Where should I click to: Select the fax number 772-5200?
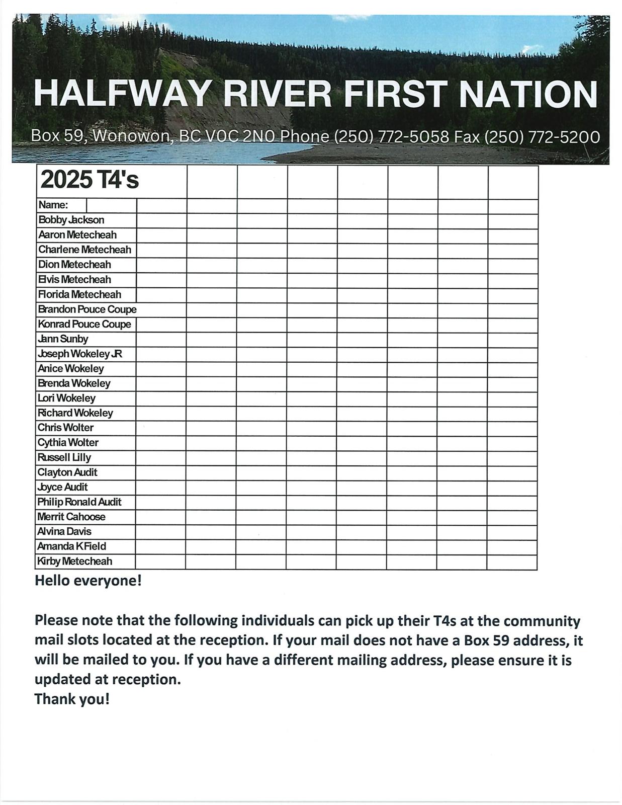pos(564,137)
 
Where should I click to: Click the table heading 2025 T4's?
pos(90,180)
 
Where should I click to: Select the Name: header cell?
pos(53,205)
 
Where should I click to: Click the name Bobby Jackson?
pos(71,220)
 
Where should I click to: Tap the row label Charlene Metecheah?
pos(84,250)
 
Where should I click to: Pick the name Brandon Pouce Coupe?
pos(87,309)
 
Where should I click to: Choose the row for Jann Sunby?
pos(63,339)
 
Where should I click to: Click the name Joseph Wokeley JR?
pos(79,354)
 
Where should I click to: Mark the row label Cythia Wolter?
pos(68,442)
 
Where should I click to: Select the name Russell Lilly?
pos(64,457)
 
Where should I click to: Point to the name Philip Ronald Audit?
pos(79,502)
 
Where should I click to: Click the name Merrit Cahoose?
pos(71,517)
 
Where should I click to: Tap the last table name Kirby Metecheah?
pos(74,561)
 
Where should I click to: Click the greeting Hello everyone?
pos(88,581)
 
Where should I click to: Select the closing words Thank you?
pos(72,699)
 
